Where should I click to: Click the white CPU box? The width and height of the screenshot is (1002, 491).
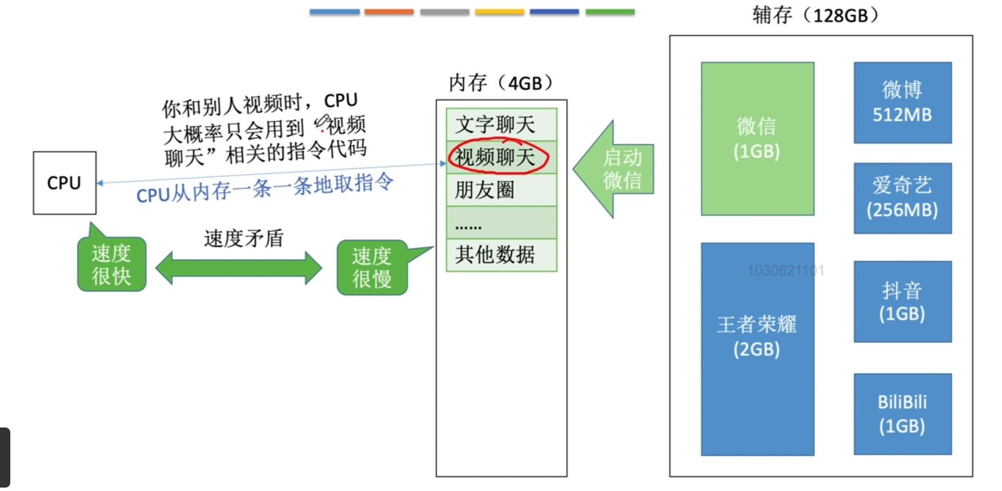click(x=65, y=183)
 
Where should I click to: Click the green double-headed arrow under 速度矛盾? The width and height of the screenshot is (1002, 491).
click(x=239, y=268)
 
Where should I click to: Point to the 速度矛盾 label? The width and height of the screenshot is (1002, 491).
click(x=244, y=239)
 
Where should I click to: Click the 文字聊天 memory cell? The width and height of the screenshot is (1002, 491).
click(x=501, y=124)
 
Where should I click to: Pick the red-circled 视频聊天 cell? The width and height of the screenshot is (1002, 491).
click(x=501, y=157)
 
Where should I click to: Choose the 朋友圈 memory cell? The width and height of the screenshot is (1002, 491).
click(x=501, y=189)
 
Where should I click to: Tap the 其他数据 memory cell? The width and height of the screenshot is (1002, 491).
click(x=501, y=255)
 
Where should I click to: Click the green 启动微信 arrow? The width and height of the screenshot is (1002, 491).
click(x=614, y=169)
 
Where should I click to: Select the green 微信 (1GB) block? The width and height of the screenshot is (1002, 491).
click(x=758, y=138)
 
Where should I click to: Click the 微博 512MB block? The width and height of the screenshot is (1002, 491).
click(x=902, y=102)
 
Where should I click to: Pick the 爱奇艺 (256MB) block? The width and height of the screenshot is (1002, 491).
click(x=902, y=198)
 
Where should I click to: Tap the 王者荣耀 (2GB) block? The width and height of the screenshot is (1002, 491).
click(x=758, y=349)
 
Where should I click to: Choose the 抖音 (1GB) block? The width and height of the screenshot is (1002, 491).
click(x=902, y=302)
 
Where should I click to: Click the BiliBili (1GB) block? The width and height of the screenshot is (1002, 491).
click(x=902, y=414)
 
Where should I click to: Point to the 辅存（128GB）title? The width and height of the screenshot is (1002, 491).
click(x=815, y=15)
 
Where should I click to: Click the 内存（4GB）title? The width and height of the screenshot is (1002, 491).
click(x=500, y=83)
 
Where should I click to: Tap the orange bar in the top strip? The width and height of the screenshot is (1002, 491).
click(x=389, y=11)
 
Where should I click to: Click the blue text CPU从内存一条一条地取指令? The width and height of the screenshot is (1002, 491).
click(x=265, y=188)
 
